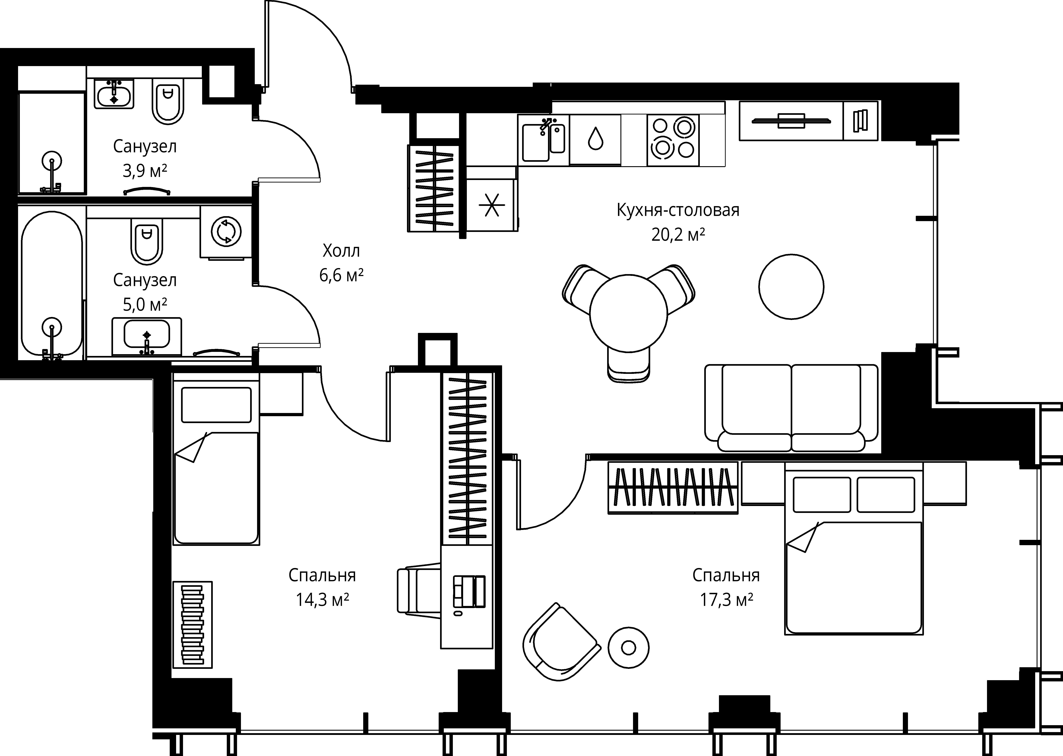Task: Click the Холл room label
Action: pyautogui.click(x=341, y=251)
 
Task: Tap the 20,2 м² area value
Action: pyautogui.click(x=678, y=235)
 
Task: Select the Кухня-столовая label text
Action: pyautogui.click(x=678, y=210)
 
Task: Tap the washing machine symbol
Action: pyautogui.click(x=226, y=231)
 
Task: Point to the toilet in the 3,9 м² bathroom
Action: pyautogui.click(x=168, y=101)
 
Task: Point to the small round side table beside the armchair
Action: pyautogui.click(x=628, y=647)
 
